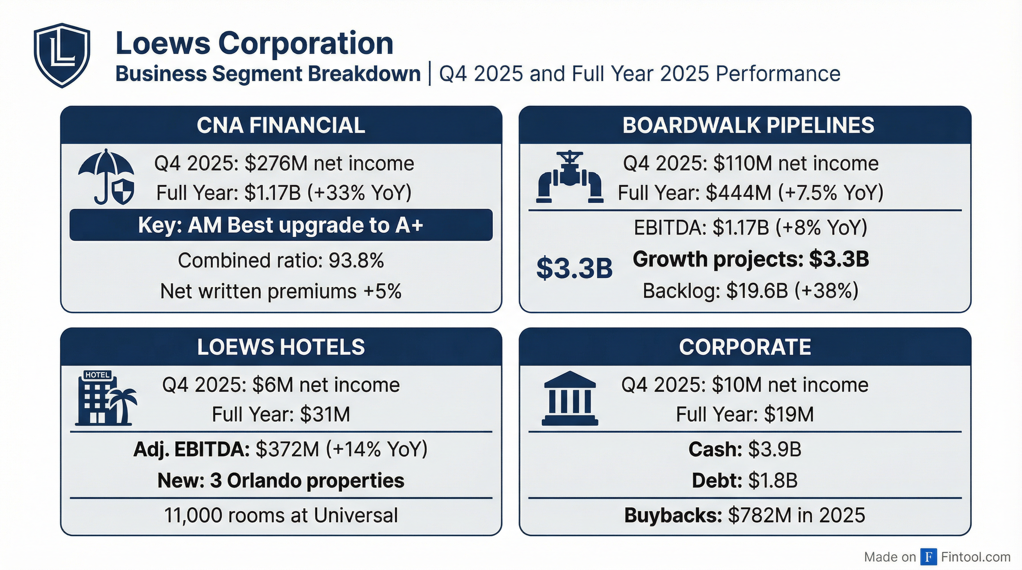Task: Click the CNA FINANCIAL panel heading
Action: click(x=281, y=125)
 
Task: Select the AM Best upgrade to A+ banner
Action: click(x=281, y=225)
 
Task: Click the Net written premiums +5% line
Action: click(x=281, y=291)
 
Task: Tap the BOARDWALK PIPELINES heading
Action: click(x=748, y=125)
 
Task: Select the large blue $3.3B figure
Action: click(x=574, y=268)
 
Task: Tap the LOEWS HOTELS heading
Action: click(x=281, y=347)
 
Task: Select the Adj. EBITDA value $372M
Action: click(x=287, y=449)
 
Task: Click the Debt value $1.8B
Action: click(x=772, y=481)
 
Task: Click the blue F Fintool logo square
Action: click(x=928, y=557)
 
